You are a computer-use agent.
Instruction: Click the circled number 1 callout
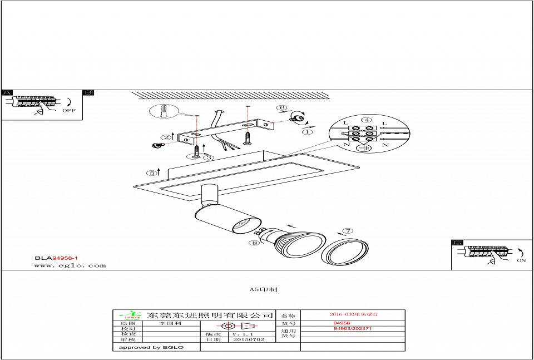[307, 132]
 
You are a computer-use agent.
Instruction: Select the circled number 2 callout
[166, 137]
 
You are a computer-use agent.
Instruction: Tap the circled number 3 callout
[208, 157]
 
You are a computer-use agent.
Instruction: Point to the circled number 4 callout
[366, 120]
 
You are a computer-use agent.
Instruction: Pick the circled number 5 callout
[151, 172]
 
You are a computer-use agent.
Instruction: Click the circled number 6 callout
[282, 108]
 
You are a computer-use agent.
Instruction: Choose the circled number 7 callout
[348, 231]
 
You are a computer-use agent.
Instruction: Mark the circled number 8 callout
[255, 243]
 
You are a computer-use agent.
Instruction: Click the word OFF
[68, 111]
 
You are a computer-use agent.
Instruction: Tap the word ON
[521, 260]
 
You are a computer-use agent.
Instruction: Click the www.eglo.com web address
[70, 265]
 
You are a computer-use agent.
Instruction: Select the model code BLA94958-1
[56, 258]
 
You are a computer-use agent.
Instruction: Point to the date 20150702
[249, 339]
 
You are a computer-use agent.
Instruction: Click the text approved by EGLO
[148, 347]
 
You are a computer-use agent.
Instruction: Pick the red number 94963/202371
[353, 329]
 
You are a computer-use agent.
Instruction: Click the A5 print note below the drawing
[264, 290]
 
